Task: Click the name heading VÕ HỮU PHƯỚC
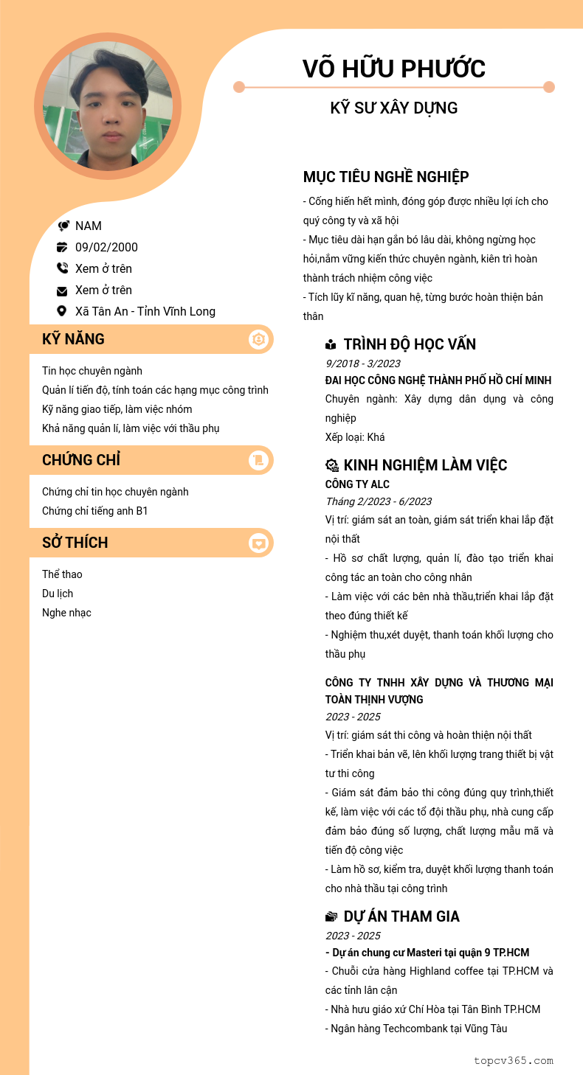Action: [x=393, y=69]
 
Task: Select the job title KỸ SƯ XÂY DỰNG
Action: [x=393, y=108]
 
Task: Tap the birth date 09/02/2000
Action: [x=106, y=247]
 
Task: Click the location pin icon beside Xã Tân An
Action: [x=62, y=311]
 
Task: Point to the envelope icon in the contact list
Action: [x=62, y=291]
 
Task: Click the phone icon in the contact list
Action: [x=62, y=268]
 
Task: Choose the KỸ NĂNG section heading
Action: [x=73, y=339]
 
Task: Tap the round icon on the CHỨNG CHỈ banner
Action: [x=258, y=460]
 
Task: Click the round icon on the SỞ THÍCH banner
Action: [x=258, y=543]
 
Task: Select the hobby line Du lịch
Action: [x=58, y=594]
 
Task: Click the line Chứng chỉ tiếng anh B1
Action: [x=94, y=511]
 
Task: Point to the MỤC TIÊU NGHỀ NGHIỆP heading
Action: [x=385, y=177]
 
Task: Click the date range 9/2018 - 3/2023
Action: [x=363, y=363]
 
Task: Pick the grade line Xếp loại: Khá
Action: [x=355, y=437]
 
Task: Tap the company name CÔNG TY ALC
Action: [x=357, y=484]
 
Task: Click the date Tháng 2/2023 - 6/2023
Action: [x=379, y=501]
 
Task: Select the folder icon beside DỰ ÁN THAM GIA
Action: [x=331, y=916]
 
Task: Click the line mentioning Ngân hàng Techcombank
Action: [x=418, y=1029]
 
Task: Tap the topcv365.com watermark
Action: [x=513, y=1060]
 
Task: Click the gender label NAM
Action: [x=89, y=226]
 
